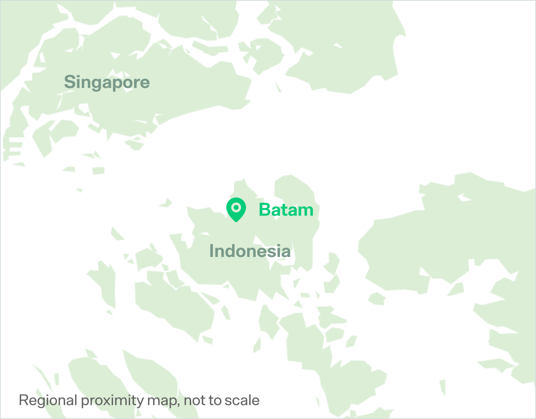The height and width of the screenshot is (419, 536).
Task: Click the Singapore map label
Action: [107, 82]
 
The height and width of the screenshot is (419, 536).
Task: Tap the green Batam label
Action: [286, 210]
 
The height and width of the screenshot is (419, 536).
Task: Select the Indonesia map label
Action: [250, 251]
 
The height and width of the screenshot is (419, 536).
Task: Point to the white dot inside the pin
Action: [236, 208]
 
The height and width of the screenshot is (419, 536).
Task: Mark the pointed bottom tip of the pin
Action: [236, 222]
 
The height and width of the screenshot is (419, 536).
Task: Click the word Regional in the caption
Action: [48, 400]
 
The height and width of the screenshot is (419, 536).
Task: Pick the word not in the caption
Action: [194, 400]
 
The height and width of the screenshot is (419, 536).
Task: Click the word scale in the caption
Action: [243, 400]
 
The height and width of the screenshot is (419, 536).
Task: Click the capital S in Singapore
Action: [69, 82]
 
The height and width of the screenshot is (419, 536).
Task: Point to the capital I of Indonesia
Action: [211, 251]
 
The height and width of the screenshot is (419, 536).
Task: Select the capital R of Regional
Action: [23, 400]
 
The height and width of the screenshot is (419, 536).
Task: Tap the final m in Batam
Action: [305, 211]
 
